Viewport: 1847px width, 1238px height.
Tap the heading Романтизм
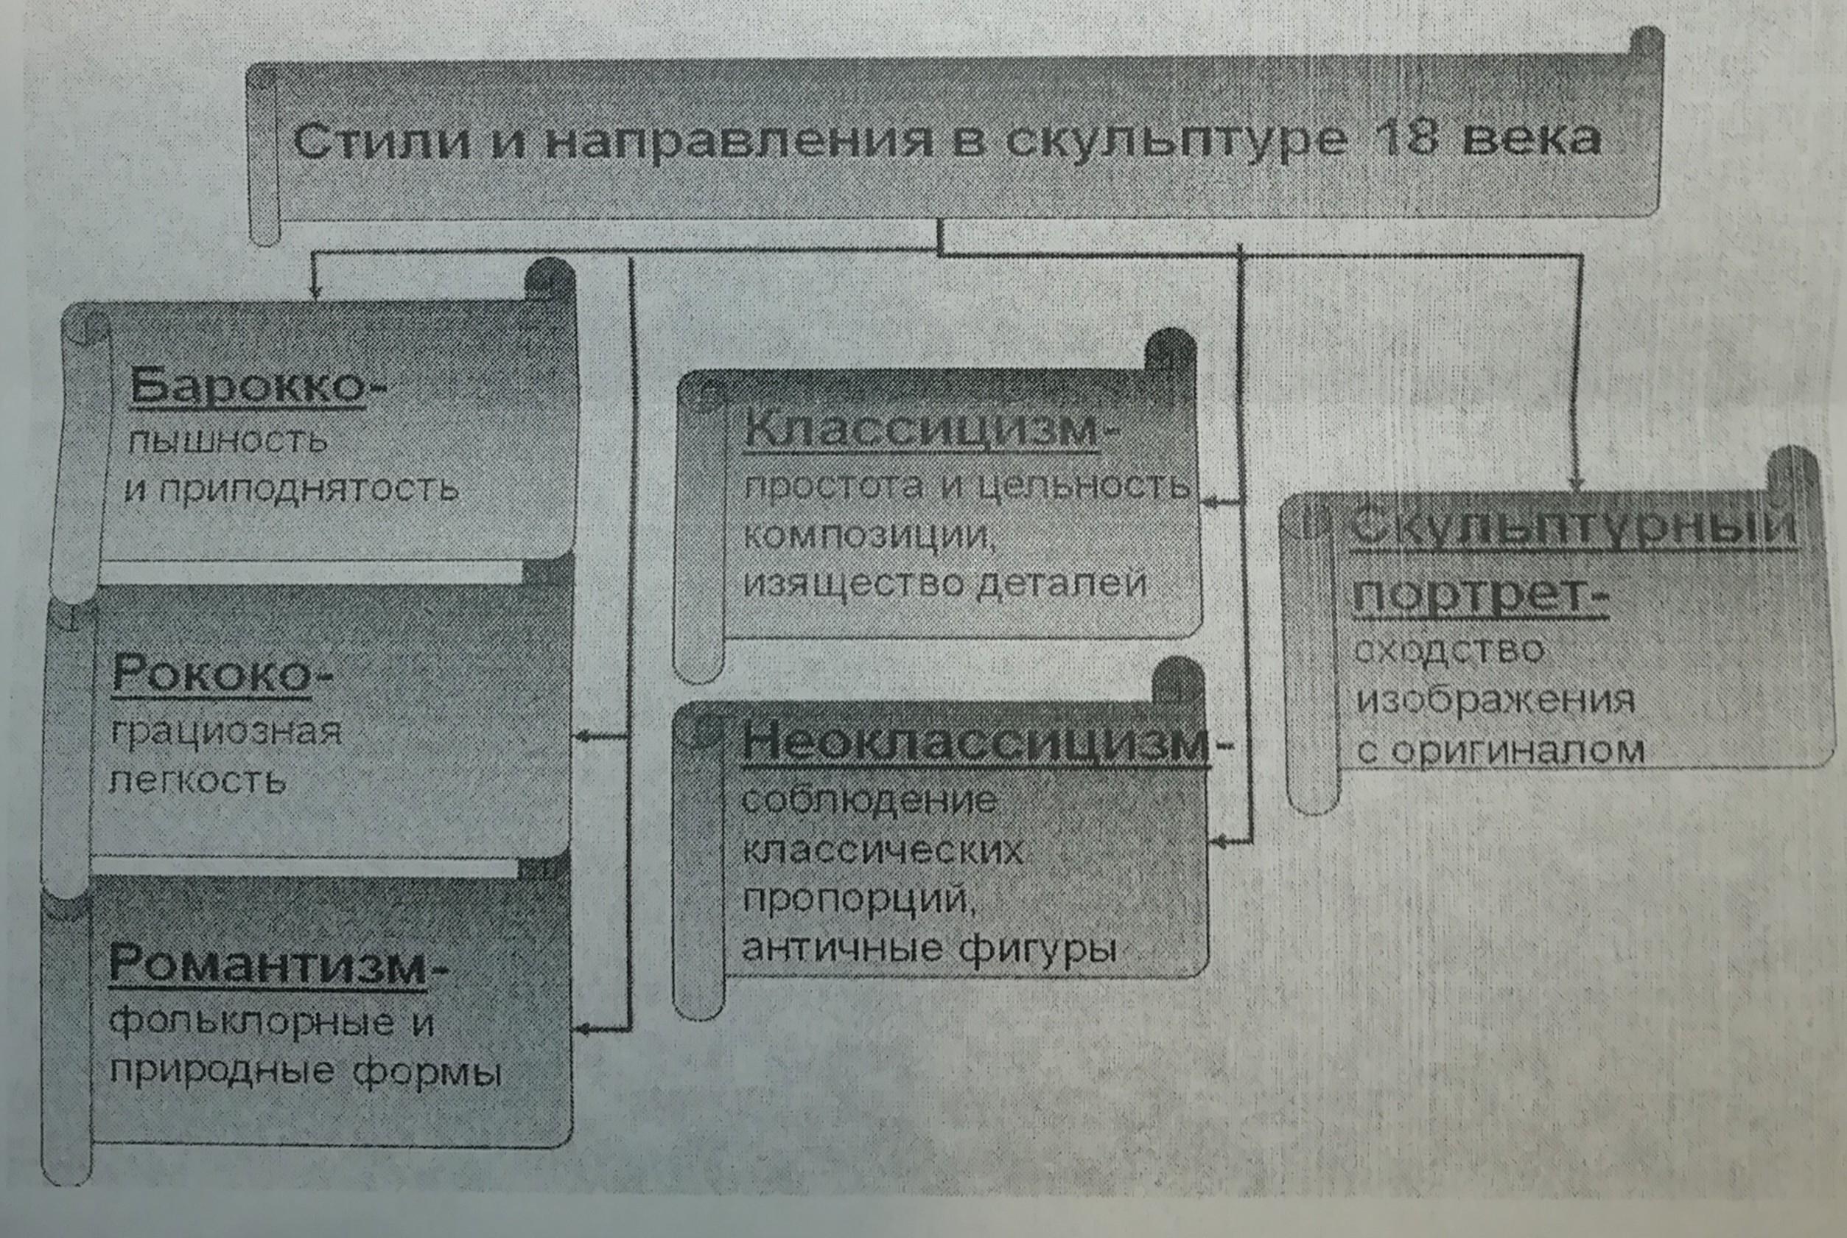pyautogui.click(x=267, y=964)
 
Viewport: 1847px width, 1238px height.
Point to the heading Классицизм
pyautogui.click(x=921, y=430)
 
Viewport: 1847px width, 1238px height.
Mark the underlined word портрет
pyautogui.click(x=1470, y=596)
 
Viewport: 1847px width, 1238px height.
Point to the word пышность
pyautogui.click(x=228, y=440)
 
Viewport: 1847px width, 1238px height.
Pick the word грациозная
pyautogui.click(x=225, y=732)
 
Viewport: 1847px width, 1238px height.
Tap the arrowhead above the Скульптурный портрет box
pyautogui.click(x=1577, y=483)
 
